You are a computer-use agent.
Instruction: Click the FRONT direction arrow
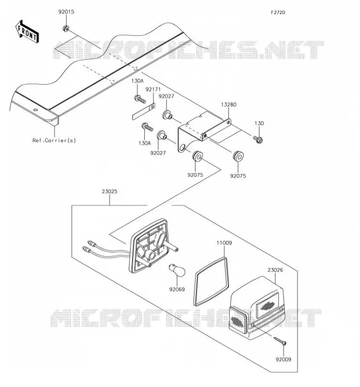27,31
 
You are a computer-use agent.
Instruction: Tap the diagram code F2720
278,13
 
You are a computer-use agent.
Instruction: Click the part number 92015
66,12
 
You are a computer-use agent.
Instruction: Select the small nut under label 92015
66,29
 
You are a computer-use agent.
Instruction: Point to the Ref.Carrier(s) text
54,140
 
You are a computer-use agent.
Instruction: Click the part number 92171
153,89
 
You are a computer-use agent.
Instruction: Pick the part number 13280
228,104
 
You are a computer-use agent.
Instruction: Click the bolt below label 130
258,140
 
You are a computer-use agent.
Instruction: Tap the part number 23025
109,191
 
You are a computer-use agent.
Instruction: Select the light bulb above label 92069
177,270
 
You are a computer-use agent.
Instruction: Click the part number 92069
177,289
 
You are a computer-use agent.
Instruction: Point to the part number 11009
224,243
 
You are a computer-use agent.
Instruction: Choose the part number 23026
275,270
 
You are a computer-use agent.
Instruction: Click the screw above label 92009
280,341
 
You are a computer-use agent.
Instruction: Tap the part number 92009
283,359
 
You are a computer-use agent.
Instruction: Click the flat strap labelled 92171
143,112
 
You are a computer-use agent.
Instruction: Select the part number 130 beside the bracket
259,123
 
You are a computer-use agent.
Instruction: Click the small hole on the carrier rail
35,110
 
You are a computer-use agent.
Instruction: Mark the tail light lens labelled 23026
256,309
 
